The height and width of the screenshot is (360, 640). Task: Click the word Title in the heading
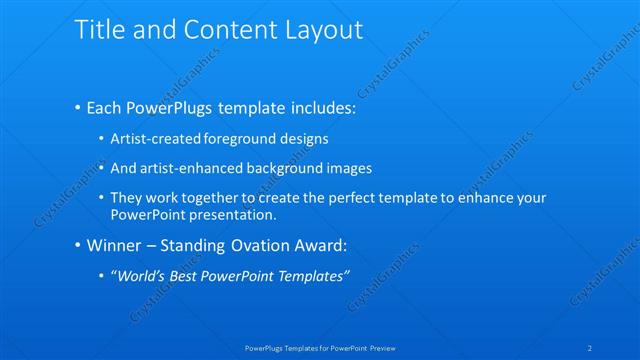(x=98, y=31)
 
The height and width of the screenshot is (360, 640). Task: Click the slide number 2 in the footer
(x=591, y=348)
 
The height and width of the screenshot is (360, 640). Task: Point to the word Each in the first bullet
(x=108, y=107)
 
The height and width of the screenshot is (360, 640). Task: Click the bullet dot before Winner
(x=78, y=246)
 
